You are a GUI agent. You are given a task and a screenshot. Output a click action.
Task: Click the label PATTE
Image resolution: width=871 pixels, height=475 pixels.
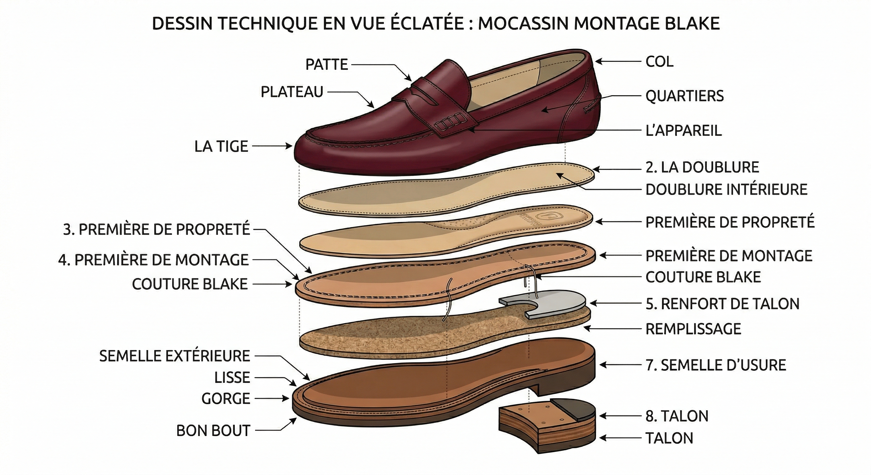[x=327, y=64]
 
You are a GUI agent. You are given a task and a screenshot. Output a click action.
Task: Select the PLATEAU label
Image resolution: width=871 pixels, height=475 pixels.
[x=292, y=92]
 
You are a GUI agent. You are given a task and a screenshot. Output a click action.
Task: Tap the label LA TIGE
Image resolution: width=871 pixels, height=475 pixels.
[x=221, y=146]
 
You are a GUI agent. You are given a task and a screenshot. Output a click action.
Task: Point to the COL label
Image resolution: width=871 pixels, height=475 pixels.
[x=659, y=62]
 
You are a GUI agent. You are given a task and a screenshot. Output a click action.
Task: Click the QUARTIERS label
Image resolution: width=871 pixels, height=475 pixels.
[x=685, y=96]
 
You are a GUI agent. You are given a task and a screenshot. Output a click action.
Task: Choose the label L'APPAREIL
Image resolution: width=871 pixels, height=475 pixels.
[x=684, y=130]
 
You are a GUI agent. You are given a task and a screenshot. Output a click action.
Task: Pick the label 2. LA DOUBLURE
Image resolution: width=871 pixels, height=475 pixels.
[x=702, y=167]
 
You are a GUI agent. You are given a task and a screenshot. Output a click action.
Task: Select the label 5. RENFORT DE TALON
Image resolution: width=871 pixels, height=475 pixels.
[x=723, y=304]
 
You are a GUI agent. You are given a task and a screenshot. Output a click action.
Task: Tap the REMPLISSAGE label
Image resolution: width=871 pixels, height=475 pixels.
[x=693, y=329]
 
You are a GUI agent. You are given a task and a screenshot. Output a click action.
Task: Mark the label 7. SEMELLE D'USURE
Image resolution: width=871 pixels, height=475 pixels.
[x=716, y=365]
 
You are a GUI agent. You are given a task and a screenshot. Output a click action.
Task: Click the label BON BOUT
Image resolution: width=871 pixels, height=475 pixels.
[x=213, y=430]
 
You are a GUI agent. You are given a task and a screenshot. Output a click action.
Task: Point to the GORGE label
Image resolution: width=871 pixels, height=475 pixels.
[x=225, y=399]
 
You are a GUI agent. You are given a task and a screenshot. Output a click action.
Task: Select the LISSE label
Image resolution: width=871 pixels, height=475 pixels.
[x=232, y=377]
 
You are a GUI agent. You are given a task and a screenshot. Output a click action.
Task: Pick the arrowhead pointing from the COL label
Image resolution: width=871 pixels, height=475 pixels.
[x=598, y=62]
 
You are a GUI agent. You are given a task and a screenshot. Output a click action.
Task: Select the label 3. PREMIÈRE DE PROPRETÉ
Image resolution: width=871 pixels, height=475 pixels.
[x=157, y=229]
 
